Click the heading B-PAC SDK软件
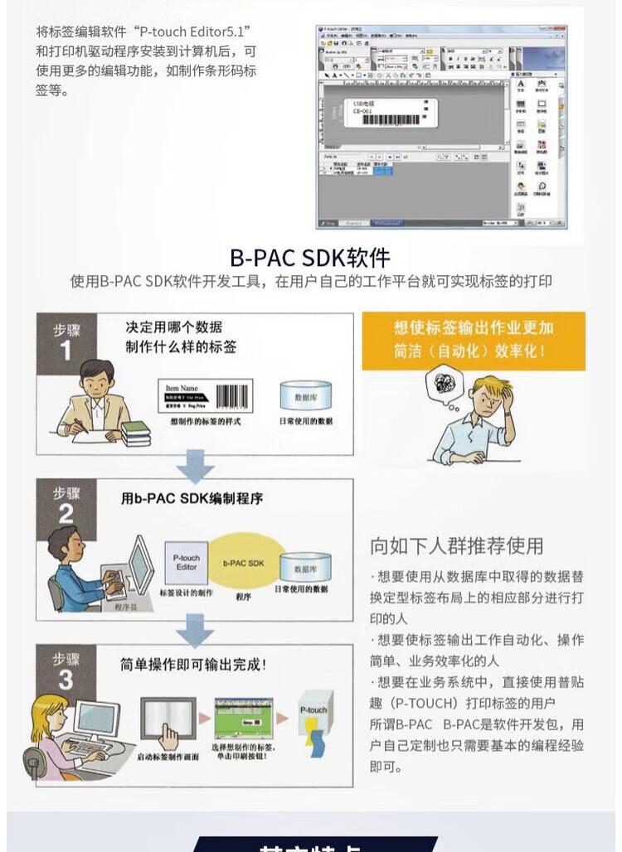[x=310, y=256]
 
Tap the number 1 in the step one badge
[x=66, y=351]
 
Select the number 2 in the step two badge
[x=66, y=515]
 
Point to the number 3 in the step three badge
[x=66, y=680]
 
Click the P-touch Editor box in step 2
[x=187, y=564]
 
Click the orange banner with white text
[x=473, y=340]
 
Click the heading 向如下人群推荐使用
[x=456, y=545]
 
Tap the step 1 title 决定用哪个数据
[x=173, y=327]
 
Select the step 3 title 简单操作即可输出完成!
[x=193, y=664]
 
